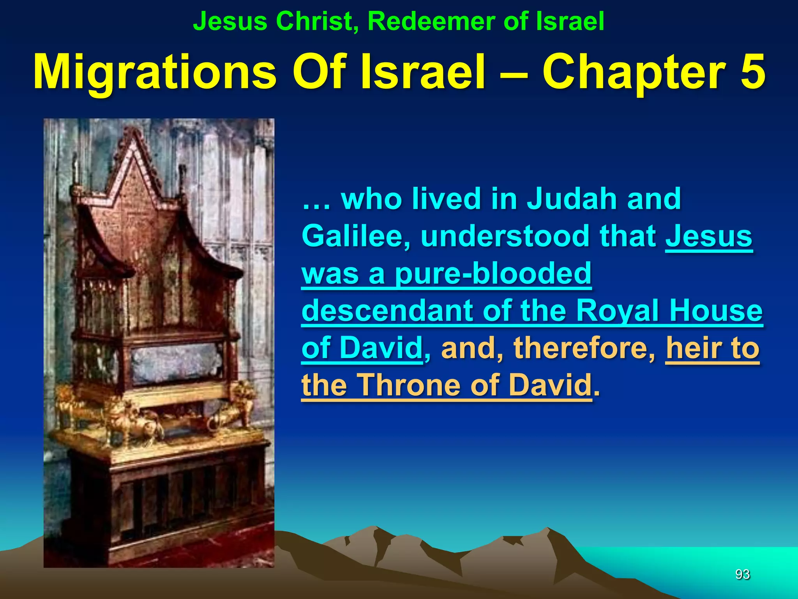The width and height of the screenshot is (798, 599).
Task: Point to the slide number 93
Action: (x=742, y=574)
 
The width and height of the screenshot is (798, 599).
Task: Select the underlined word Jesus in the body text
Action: (x=709, y=236)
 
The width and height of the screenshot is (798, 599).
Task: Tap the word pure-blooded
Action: (x=493, y=274)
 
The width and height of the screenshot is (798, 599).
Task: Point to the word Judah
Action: (x=571, y=199)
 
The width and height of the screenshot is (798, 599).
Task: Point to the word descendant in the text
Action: (x=388, y=311)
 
